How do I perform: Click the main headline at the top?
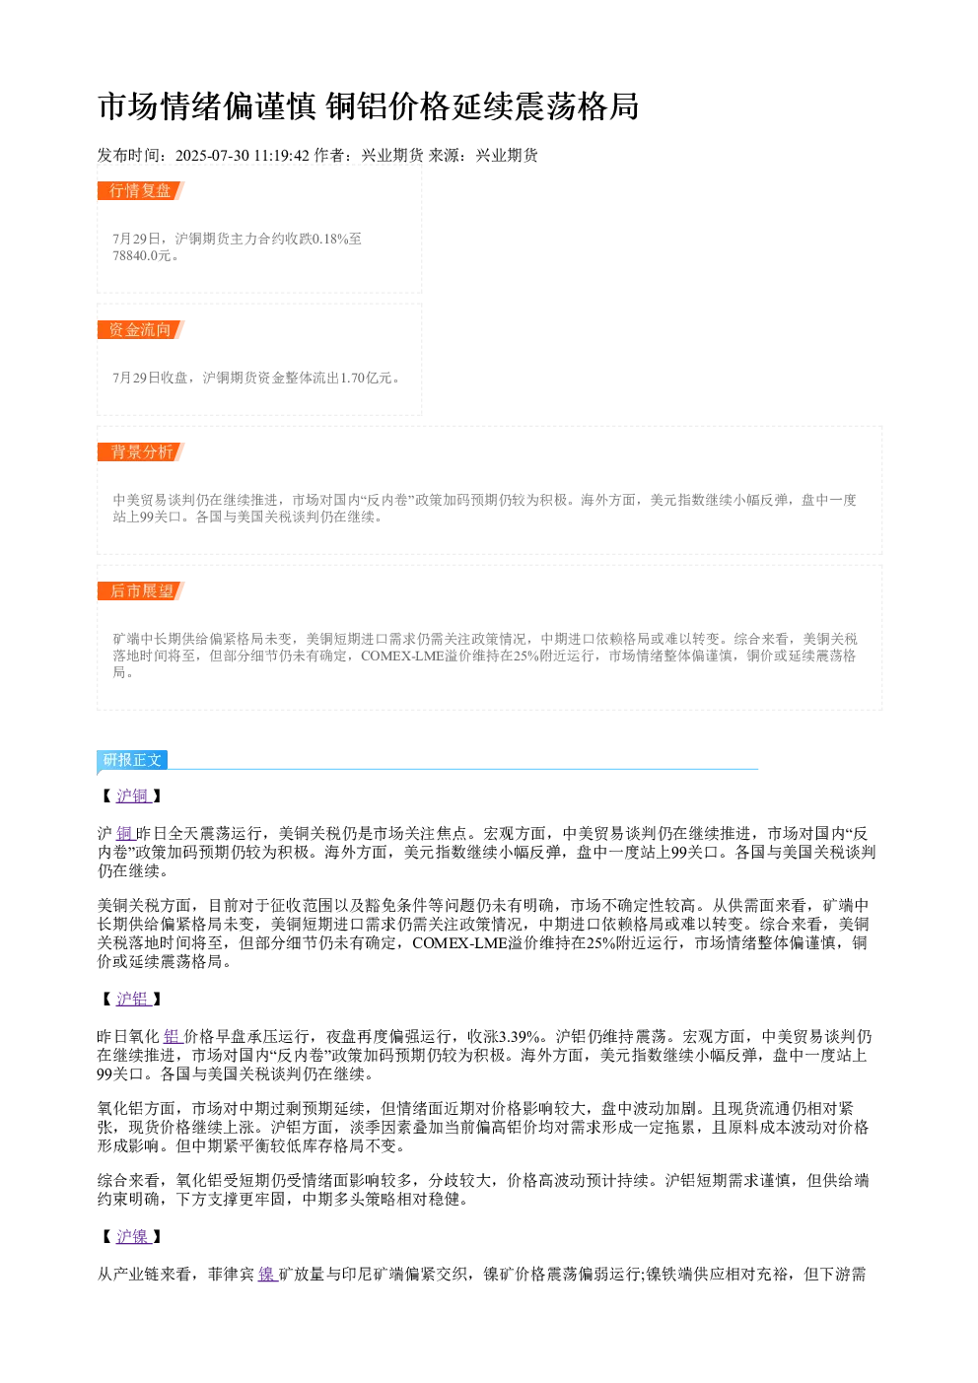tap(368, 106)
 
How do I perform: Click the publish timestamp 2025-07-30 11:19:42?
tap(242, 155)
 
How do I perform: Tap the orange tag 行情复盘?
tap(140, 190)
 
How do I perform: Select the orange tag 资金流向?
tap(140, 329)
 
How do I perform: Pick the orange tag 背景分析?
tap(140, 451)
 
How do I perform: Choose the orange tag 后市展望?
tap(140, 590)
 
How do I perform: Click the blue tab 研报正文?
tap(132, 760)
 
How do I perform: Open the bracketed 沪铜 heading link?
tap(131, 795)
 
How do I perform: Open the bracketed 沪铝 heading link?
tap(131, 999)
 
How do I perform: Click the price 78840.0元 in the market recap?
tap(141, 255)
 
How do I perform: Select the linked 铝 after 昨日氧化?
tap(172, 1037)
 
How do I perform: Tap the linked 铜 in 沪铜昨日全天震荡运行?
tap(125, 834)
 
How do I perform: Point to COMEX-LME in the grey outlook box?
tap(402, 656)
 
